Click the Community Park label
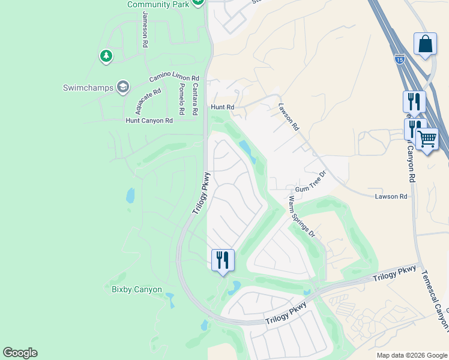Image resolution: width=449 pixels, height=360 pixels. point(158,4)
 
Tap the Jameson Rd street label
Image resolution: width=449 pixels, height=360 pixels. point(145,29)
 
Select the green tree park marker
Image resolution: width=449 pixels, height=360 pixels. point(106,56)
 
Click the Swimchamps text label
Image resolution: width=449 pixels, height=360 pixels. point(88,88)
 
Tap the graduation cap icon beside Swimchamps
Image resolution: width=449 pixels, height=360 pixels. point(123,88)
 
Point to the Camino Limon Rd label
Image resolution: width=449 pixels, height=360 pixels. point(173,78)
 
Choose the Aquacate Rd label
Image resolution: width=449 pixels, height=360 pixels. point(148,101)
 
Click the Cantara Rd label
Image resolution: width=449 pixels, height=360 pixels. point(195,99)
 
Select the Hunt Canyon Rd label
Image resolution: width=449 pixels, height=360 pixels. point(149,121)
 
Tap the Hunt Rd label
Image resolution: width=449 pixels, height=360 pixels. point(221,107)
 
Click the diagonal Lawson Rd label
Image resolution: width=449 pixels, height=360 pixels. point(289,116)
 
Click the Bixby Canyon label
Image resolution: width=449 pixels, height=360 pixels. point(137,290)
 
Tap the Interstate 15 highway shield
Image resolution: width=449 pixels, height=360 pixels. point(400,59)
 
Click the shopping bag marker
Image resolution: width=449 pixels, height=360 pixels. point(425,44)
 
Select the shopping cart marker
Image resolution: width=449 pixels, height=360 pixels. point(427,139)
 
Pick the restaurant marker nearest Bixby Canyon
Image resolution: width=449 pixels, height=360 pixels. point(223,260)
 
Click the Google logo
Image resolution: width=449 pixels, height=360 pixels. point(20,353)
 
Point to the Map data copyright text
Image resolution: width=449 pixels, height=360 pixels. point(411,355)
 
